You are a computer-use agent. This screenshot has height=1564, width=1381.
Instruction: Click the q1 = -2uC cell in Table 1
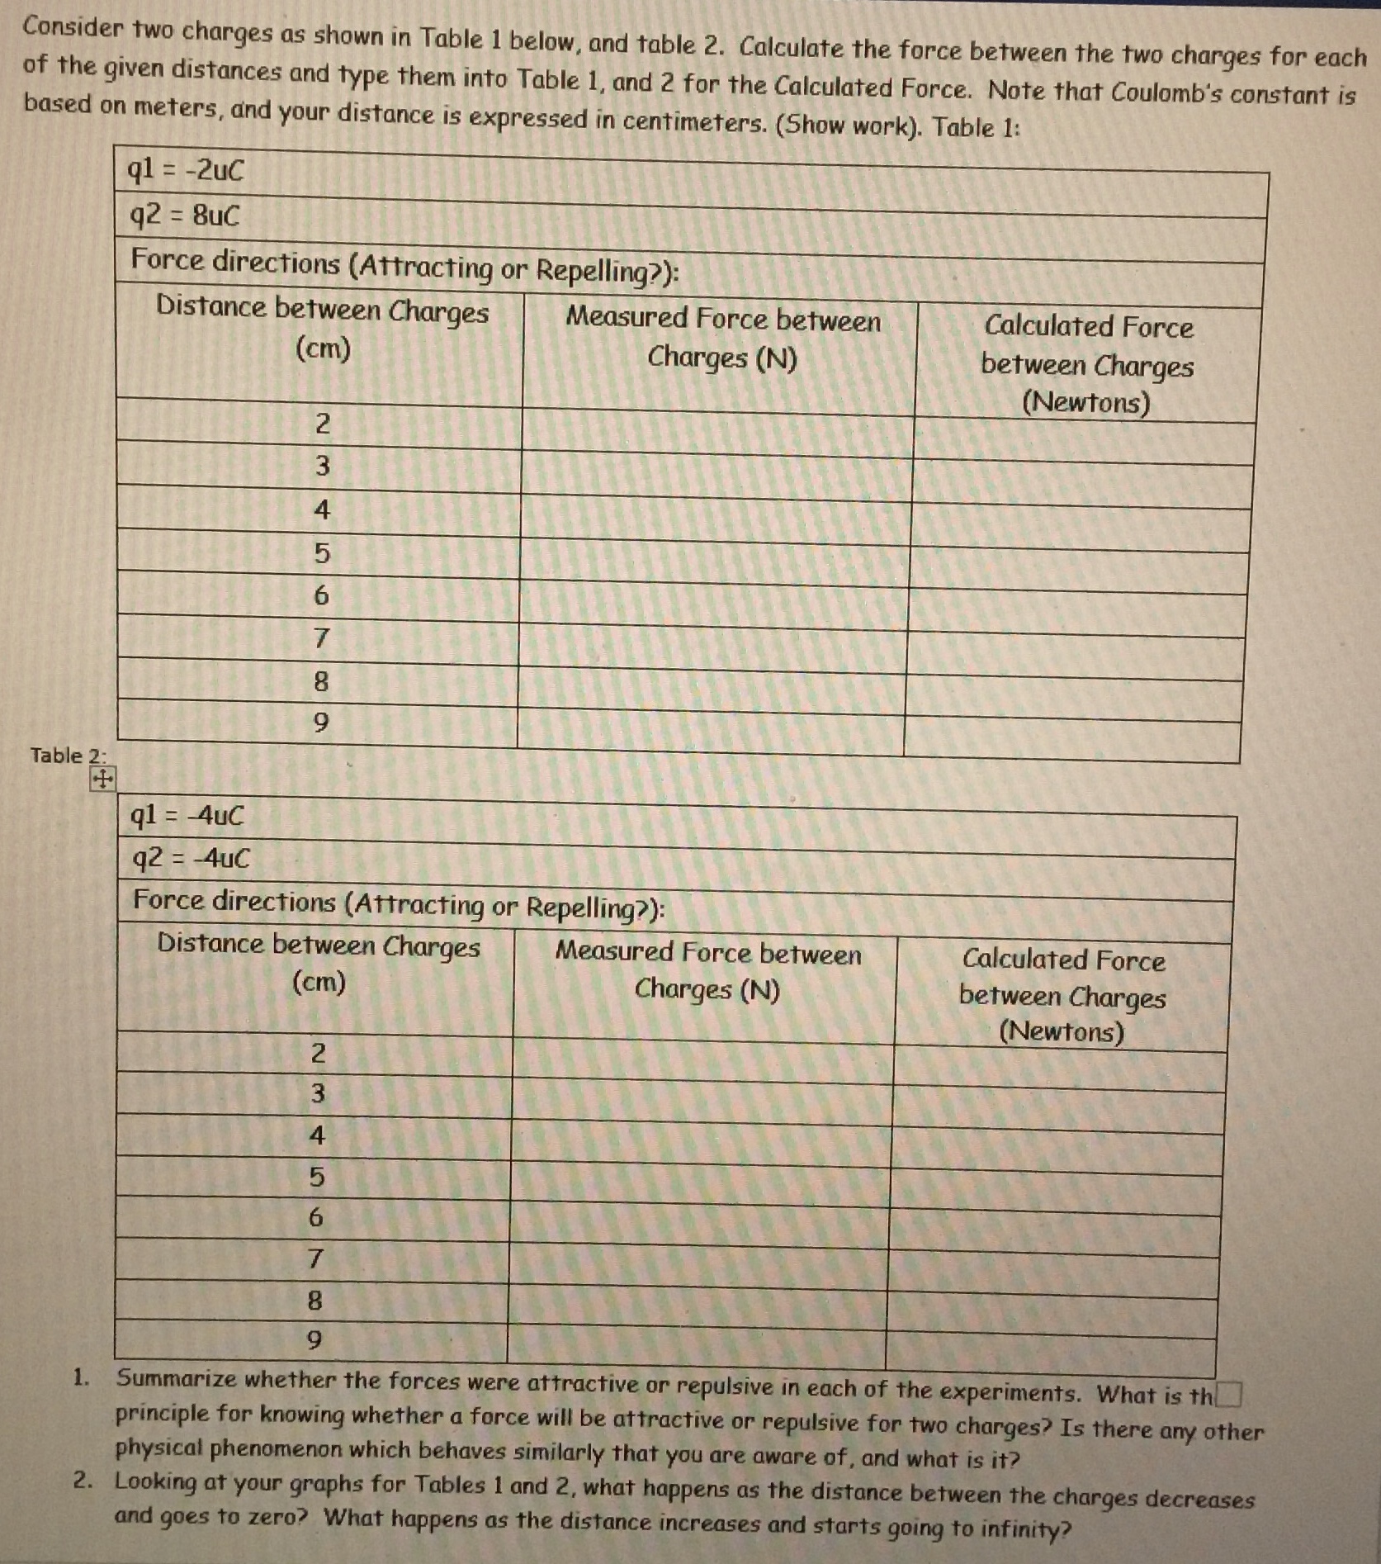187,170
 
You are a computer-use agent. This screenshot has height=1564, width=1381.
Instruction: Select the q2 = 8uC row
185,216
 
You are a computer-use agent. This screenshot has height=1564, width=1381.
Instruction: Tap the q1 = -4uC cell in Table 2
188,816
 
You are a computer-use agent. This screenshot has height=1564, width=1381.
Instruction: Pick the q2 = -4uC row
191,859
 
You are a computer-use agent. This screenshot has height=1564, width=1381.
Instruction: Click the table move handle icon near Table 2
102,778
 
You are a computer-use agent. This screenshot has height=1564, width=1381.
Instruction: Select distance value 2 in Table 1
322,423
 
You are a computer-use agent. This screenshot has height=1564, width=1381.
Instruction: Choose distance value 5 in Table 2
316,1177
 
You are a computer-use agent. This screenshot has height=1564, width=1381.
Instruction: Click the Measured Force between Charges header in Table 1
722,337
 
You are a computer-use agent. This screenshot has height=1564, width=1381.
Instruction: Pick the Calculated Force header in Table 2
1063,995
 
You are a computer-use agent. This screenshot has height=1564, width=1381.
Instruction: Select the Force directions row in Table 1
404,265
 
